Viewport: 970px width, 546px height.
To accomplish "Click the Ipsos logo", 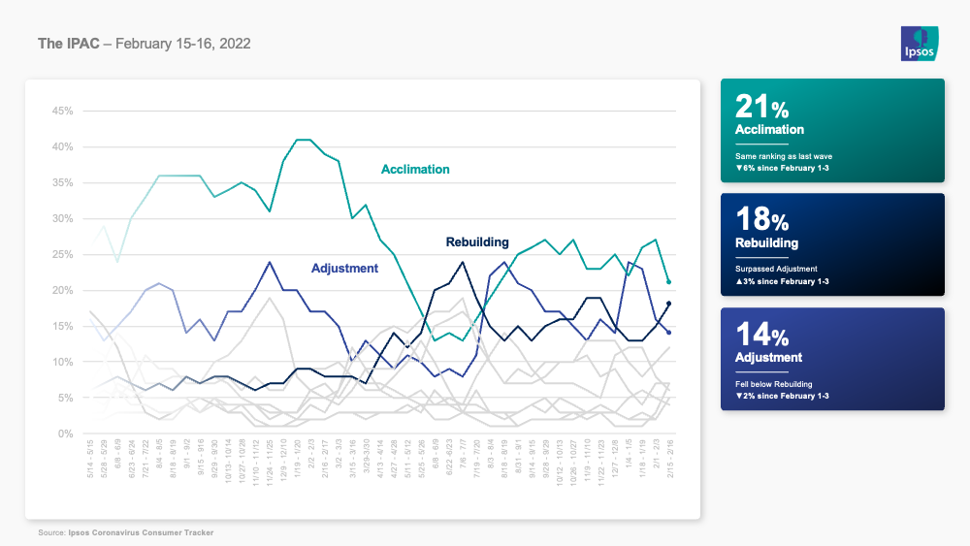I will click(918, 43).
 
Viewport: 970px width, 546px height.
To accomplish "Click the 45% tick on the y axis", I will click(62, 112).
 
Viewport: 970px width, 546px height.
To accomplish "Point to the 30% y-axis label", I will click(62, 219).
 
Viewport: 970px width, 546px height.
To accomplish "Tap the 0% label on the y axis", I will click(66, 434).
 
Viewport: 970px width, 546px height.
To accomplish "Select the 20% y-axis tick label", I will click(62, 291).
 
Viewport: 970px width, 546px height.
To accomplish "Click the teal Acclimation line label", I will click(415, 170).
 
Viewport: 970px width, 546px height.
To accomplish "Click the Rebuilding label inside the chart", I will click(479, 241).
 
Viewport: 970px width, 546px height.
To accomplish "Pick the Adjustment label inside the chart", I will click(344, 268).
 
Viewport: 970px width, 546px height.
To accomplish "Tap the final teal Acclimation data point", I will click(669, 282).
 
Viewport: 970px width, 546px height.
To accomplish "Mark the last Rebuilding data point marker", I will click(669, 305).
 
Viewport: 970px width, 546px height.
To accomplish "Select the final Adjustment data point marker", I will click(669, 333).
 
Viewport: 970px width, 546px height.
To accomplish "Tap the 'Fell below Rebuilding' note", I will click(774, 384).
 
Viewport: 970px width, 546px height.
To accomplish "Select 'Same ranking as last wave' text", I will click(784, 155).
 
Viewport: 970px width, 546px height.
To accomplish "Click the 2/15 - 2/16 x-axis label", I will click(669, 457).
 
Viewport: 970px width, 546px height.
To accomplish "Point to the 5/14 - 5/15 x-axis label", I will click(90, 457).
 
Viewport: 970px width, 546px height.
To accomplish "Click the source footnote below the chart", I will click(126, 532).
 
